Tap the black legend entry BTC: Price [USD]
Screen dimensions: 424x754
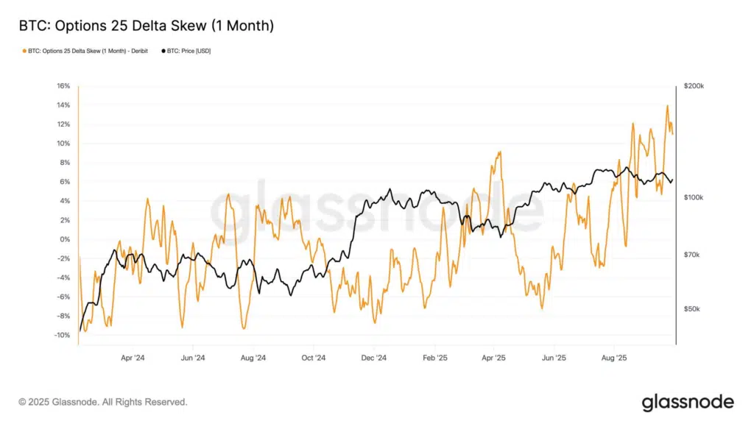[186, 51]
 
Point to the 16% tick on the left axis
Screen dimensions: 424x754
[63, 86]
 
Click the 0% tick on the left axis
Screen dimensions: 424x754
[65, 239]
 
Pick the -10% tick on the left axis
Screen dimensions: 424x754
[62, 335]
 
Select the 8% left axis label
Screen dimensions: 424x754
[65, 163]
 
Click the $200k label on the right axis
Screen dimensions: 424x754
[694, 86]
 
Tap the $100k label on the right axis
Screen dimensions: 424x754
[694, 197]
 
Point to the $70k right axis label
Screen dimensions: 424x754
[692, 255]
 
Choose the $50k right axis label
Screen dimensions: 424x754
[692, 309]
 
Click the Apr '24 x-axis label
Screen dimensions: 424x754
[133, 358]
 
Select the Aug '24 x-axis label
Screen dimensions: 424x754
[253, 358]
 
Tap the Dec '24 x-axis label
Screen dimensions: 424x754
[374, 358]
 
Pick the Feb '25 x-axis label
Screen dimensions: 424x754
[434, 358]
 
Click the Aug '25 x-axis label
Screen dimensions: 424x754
[614, 358]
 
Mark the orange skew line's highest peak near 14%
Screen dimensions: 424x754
[667, 106]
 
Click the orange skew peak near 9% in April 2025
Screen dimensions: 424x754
[500, 152]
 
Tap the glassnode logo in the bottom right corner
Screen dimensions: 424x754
[687, 402]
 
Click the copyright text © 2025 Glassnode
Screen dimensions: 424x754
[103, 402]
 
